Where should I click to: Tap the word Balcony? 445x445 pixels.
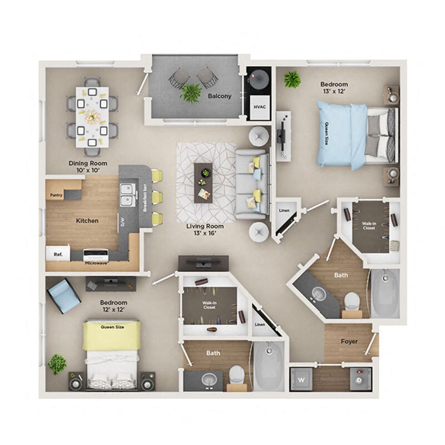pos(219,96)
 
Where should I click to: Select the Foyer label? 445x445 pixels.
pos(349,341)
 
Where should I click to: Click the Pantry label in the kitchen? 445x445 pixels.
pos(56,195)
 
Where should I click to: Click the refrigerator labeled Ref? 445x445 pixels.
pos(57,255)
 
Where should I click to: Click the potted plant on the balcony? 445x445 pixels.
pos(190,92)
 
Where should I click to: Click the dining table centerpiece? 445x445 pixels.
pos(92,116)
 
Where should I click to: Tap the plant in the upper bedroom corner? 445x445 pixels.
pos(291,80)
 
